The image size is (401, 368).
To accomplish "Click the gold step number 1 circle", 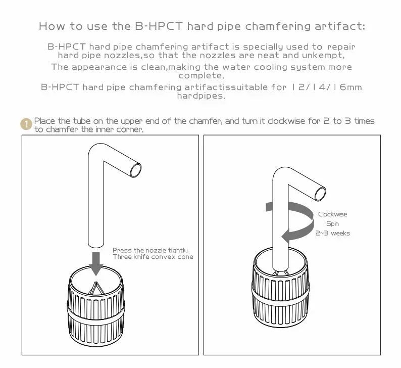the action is click(x=26, y=124).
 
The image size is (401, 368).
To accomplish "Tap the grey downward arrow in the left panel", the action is click(x=96, y=263).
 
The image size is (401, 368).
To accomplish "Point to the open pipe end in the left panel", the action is click(x=135, y=170).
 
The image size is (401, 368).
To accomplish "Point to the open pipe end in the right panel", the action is click(x=320, y=194).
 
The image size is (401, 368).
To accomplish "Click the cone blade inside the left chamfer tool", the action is click(x=96, y=288).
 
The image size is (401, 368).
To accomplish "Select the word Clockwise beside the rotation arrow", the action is click(x=332, y=214).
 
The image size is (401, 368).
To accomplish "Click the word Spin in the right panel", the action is click(x=332, y=223).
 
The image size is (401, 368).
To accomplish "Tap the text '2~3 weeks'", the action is click(x=332, y=233).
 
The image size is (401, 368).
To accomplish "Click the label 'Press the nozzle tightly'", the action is click(x=150, y=250).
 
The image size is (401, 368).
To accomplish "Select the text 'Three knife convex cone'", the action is click(x=153, y=257).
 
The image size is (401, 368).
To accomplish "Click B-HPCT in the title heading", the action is click(x=159, y=26).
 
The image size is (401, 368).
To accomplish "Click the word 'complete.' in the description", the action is click(x=201, y=75).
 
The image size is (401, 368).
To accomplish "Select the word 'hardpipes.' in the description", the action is click(x=201, y=96).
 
